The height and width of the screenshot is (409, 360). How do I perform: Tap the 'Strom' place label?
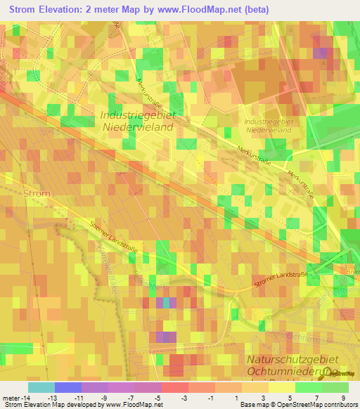tap(37, 193)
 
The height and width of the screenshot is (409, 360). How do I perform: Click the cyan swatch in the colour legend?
tap(41, 387)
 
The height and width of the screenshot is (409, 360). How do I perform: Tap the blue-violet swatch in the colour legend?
tap(67, 387)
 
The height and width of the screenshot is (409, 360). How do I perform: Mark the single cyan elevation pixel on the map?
tap(166, 303)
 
